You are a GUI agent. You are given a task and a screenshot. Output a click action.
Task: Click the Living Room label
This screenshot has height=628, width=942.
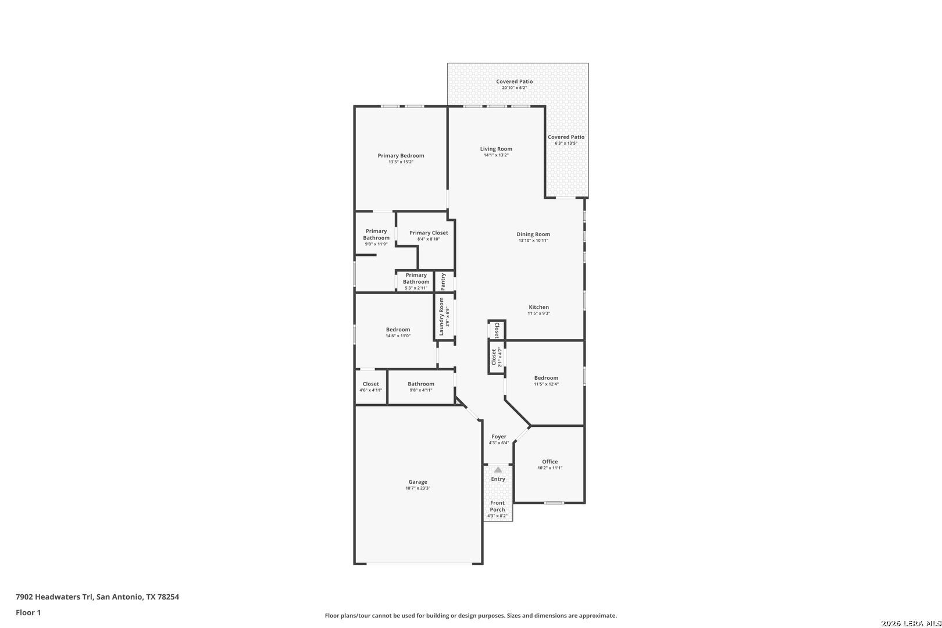(x=496, y=148)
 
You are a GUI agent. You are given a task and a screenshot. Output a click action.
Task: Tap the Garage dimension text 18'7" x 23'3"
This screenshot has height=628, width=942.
(x=418, y=488)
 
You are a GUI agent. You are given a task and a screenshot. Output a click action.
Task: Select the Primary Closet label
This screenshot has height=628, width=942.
(x=429, y=233)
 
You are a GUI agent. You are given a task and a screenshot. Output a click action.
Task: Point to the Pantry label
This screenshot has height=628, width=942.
(x=443, y=281)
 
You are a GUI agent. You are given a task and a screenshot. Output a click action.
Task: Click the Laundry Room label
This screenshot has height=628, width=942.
(x=441, y=316)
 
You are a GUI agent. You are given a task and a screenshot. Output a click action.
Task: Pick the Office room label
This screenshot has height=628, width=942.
(x=549, y=462)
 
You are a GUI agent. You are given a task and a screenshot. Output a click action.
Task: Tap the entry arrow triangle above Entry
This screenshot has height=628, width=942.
(x=498, y=469)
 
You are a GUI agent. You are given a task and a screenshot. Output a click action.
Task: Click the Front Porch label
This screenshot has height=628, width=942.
(x=498, y=506)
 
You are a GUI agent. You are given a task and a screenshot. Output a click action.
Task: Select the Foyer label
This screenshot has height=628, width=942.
(x=499, y=437)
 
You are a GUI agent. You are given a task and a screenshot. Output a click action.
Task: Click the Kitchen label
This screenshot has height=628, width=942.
(x=538, y=307)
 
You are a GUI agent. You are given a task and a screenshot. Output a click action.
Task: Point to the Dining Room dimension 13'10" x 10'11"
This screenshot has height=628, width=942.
(x=533, y=241)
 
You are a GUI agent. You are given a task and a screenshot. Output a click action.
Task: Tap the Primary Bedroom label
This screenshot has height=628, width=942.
(x=401, y=156)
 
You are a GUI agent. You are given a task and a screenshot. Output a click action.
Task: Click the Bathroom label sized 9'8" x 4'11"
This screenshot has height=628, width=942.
(x=421, y=384)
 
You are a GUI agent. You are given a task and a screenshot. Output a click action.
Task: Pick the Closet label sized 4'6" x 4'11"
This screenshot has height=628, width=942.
(x=370, y=384)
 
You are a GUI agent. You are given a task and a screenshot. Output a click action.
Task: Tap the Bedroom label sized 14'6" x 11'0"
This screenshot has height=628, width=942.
(x=398, y=329)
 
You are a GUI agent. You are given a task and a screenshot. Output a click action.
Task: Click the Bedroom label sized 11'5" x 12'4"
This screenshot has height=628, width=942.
(x=546, y=378)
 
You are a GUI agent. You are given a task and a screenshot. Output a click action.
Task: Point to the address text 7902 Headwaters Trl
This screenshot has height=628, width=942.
(x=54, y=597)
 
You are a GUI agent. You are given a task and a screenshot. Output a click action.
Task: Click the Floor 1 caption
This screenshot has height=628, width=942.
(x=28, y=612)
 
